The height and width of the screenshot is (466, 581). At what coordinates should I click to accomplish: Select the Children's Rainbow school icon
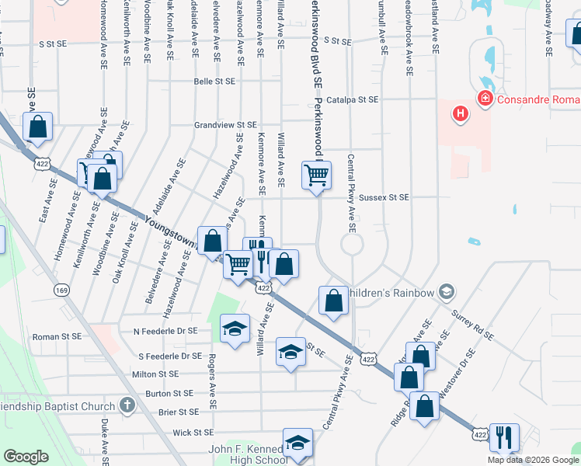click(446, 292)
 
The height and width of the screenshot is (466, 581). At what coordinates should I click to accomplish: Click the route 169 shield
click(61, 290)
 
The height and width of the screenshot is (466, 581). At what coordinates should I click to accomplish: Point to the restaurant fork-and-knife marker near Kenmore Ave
click(259, 255)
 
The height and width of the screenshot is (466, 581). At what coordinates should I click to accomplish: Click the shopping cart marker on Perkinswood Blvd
click(316, 176)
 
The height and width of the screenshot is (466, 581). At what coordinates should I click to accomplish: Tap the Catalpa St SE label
click(352, 99)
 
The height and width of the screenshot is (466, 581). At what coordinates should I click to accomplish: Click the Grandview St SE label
click(225, 124)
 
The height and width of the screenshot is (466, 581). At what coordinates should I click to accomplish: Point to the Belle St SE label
click(214, 81)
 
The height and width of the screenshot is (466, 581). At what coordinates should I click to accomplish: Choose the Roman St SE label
click(56, 337)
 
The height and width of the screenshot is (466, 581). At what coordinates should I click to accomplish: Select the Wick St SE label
click(193, 433)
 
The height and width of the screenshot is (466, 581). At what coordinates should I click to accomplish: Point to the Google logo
click(26, 457)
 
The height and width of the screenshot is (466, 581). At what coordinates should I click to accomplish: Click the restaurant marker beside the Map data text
click(504, 438)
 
